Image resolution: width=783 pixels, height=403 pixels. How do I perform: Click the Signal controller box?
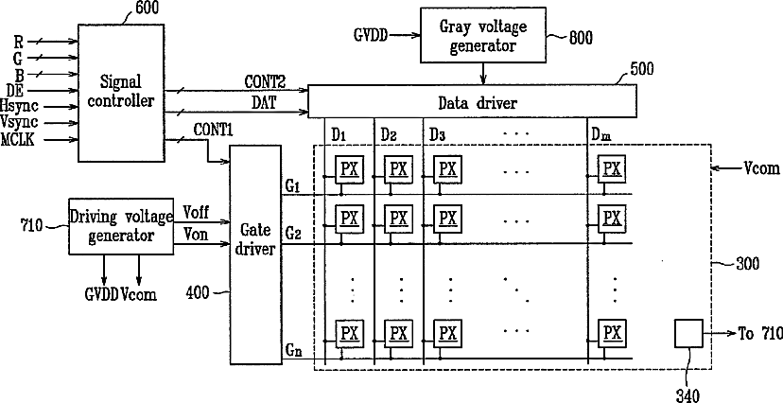click(x=121, y=93)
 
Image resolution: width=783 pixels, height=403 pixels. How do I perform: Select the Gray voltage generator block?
click(x=483, y=35)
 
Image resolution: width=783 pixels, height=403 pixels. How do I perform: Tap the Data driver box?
click(x=473, y=101)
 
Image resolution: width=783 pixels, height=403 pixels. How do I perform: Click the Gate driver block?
click(x=254, y=254)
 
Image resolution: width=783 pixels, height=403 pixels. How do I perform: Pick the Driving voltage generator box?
click(x=121, y=226)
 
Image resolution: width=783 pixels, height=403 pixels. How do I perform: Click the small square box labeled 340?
click(x=688, y=333)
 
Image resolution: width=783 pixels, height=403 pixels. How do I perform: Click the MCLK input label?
click(x=17, y=139)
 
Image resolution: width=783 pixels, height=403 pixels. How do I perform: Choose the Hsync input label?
click(x=20, y=106)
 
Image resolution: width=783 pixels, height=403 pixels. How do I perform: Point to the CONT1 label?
click(x=213, y=130)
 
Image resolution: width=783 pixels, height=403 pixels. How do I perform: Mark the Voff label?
click(x=195, y=212)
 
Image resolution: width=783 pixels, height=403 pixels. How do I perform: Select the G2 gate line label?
click(x=293, y=234)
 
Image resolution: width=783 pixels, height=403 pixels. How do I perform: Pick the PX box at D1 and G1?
click(x=349, y=169)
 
